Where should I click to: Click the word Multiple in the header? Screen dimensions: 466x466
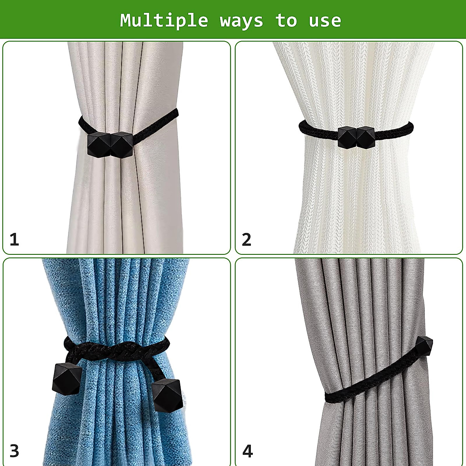[164, 20]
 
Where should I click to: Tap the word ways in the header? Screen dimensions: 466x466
[242, 20]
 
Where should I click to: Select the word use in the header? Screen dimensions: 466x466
[325, 20]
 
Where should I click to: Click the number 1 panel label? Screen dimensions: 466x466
[14, 239]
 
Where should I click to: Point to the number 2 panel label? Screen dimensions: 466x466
[247, 239]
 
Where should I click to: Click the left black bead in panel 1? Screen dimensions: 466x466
[98, 145]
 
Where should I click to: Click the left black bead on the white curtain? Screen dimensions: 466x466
[346, 137]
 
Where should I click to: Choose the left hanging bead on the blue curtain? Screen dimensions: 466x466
[66, 378]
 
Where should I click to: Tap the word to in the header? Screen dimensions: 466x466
[287, 20]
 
